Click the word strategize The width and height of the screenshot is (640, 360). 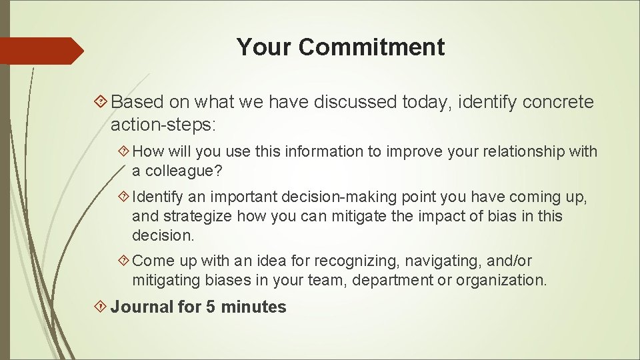[195, 217]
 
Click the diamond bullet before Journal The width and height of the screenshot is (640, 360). [101, 307]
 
